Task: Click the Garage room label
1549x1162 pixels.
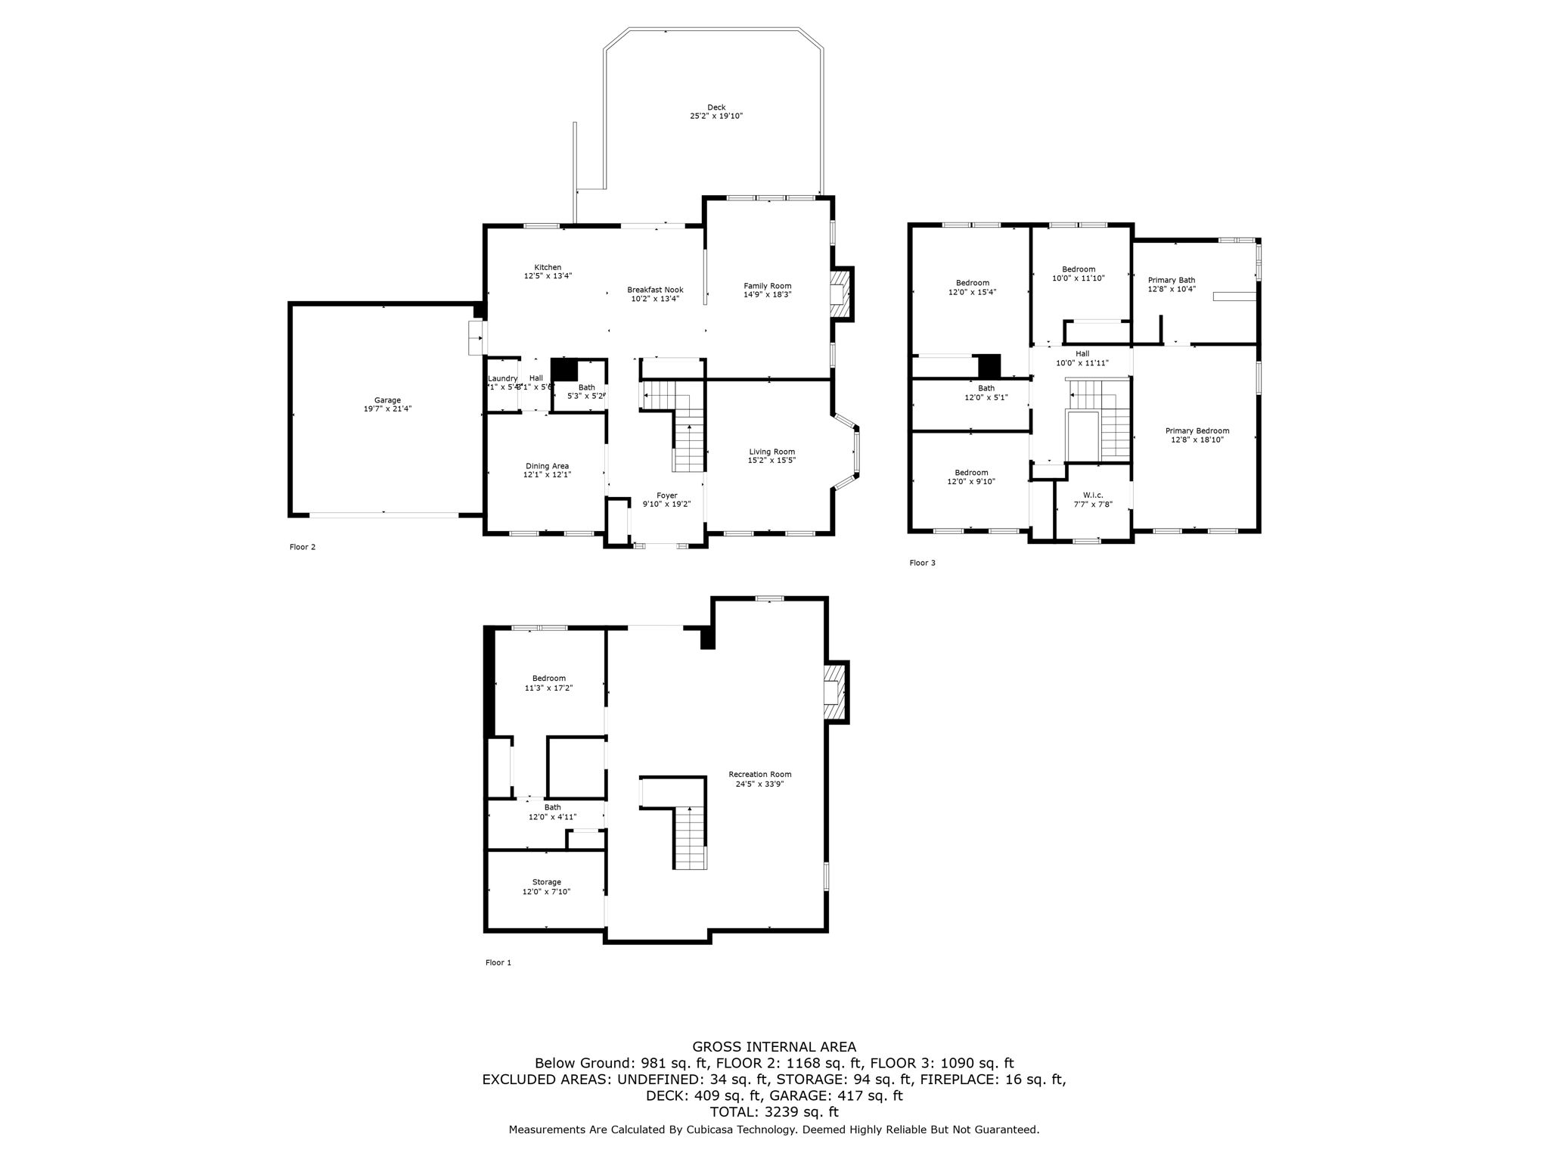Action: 387,400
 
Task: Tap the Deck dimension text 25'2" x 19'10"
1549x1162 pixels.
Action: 716,117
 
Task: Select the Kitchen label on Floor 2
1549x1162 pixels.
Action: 548,267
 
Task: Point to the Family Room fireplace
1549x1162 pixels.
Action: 839,294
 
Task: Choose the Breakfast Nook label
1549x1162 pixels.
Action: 655,290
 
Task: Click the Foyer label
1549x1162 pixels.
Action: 666,496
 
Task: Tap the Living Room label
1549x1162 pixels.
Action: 771,452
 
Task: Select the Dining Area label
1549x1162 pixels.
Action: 547,466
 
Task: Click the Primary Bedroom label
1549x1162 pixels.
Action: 1197,430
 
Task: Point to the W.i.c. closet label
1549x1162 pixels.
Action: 1093,495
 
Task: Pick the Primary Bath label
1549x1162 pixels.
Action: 1171,280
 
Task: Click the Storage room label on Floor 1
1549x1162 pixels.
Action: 546,882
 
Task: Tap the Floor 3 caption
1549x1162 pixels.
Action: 922,563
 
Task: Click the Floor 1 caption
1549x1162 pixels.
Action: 498,963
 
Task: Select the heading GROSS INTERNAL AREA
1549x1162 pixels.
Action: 774,1047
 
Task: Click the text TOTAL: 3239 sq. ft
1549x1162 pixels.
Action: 774,1112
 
